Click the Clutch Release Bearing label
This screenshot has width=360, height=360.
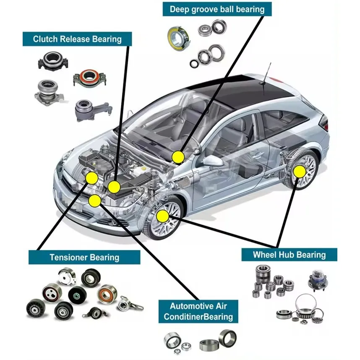pos(77,39)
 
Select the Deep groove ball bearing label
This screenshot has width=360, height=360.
pos(217,9)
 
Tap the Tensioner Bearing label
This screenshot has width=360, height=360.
pos(84,257)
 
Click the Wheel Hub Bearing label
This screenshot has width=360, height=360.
pos(289,254)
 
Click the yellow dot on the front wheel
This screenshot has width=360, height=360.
pos(162,216)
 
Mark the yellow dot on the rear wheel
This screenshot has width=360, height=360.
pos(299,172)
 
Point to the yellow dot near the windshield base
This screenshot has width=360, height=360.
pos(178,157)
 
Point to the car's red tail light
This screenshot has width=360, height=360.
pos(324,123)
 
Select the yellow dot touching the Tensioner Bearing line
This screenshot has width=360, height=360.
pos(91,178)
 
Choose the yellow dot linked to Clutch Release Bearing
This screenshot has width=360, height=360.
pos(114,187)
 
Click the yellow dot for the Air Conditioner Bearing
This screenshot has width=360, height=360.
pos(95,201)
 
